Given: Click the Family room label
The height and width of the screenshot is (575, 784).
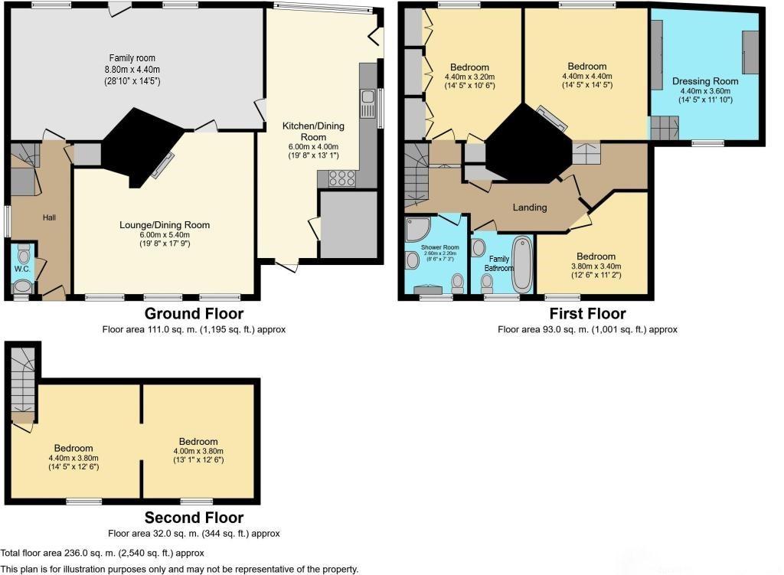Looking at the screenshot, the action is click(x=132, y=58).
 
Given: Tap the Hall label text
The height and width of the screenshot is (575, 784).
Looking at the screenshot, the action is click(x=49, y=217).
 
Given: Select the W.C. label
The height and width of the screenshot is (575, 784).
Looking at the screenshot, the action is click(x=22, y=269).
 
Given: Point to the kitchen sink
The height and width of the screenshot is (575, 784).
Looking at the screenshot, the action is click(x=368, y=102).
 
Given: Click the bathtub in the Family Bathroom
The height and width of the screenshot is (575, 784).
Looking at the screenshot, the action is click(x=522, y=264).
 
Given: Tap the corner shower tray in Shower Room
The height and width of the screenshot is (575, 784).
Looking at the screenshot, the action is click(x=418, y=229).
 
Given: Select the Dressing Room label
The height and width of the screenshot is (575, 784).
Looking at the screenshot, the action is click(x=705, y=81).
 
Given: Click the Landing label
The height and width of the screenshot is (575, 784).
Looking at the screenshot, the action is click(x=530, y=207).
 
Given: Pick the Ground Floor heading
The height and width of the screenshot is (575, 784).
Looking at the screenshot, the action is click(x=194, y=313).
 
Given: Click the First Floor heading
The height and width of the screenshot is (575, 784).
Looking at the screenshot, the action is click(x=587, y=313).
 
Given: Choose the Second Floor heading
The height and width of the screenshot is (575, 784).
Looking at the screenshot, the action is click(x=194, y=518).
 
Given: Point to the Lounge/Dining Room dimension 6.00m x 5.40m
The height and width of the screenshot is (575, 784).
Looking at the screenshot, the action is click(x=165, y=235).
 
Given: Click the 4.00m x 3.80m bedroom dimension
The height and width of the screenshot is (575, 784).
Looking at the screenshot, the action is click(x=198, y=451).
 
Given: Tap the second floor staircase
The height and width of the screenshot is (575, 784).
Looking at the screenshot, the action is click(x=23, y=385).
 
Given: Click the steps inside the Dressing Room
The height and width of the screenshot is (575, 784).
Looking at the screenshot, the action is click(x=665, y=128).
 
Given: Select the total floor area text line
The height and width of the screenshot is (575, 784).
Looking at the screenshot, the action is click(x=102, y=553).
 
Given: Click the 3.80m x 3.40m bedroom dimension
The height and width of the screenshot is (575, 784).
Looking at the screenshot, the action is click(x=596, y=266).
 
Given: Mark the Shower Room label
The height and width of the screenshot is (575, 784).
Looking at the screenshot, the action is click(x=440, y=247).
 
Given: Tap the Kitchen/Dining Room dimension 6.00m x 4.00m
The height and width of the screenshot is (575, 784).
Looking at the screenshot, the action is click(x=313, y=147).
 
